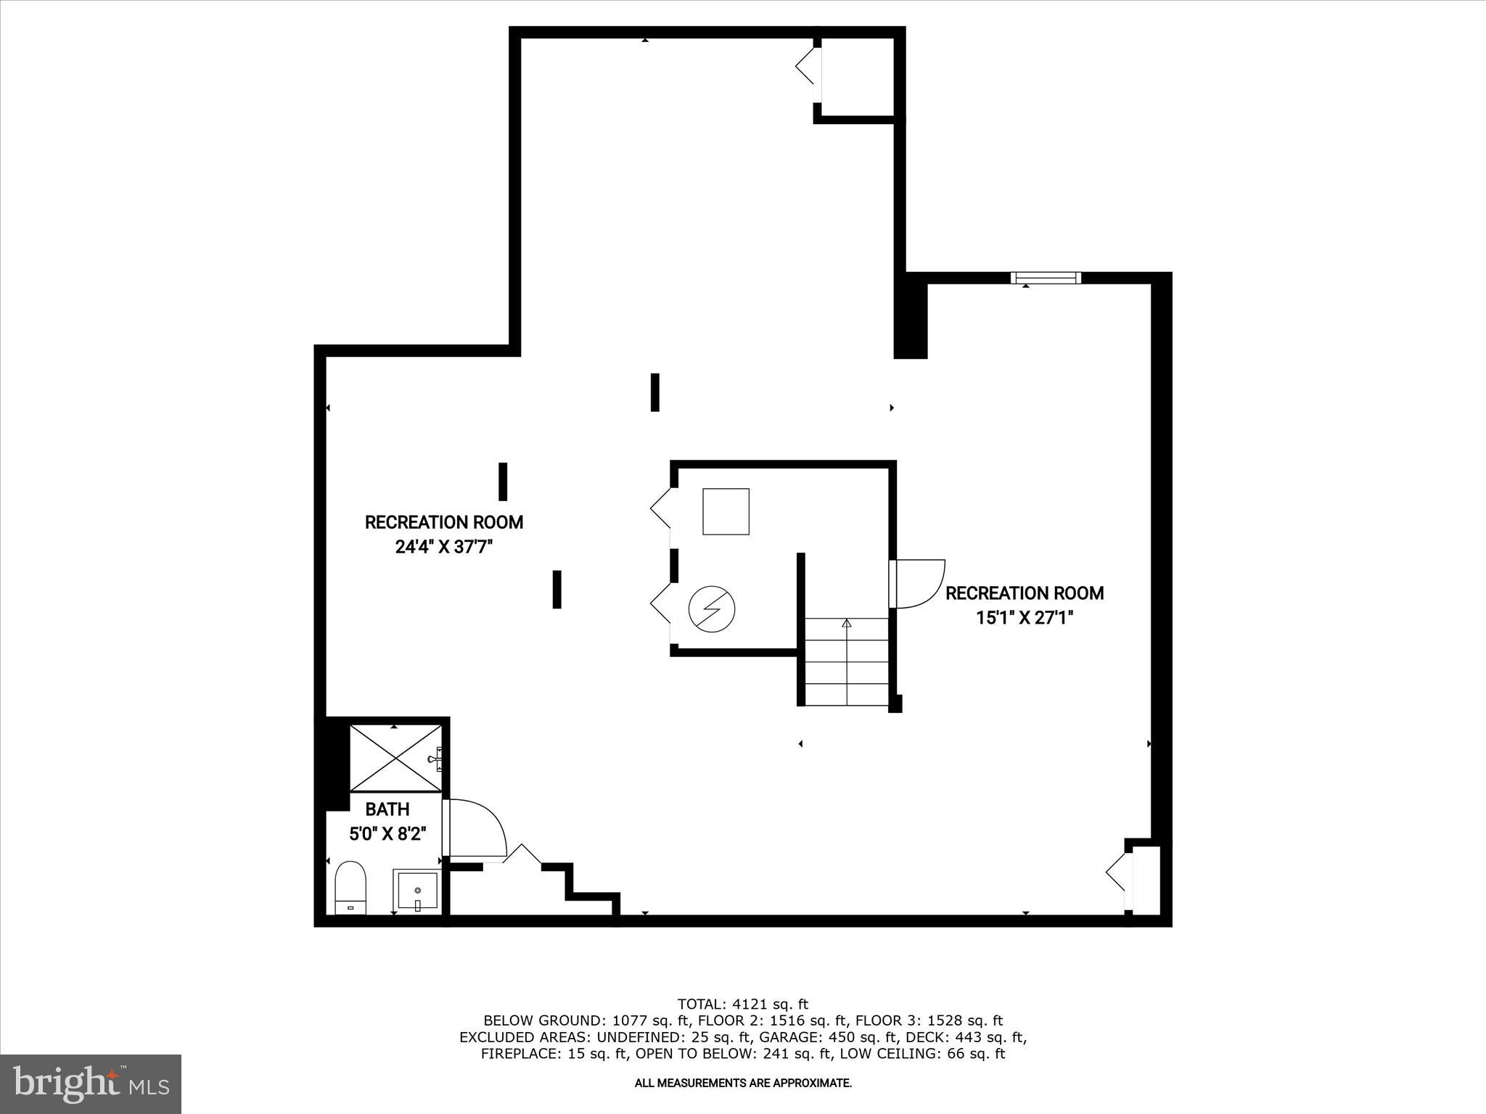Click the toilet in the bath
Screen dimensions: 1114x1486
click(350, 887)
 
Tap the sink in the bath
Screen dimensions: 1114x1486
click(417, 891)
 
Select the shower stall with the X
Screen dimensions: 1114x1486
click(395, 758)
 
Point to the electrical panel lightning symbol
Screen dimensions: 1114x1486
click(711, 609)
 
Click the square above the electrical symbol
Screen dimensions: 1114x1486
click(726, 511)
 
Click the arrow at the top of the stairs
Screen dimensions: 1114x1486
click(847, 622)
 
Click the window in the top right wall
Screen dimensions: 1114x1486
click(1046, 277)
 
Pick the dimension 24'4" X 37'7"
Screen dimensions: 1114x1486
click(444, 546)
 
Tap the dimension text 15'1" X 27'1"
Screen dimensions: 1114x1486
click(1025, 617)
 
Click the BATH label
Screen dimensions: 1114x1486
click(387, 809)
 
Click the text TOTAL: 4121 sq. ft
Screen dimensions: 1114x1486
click(742, 1004)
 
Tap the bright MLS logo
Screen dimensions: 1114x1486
click(91, 1084)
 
